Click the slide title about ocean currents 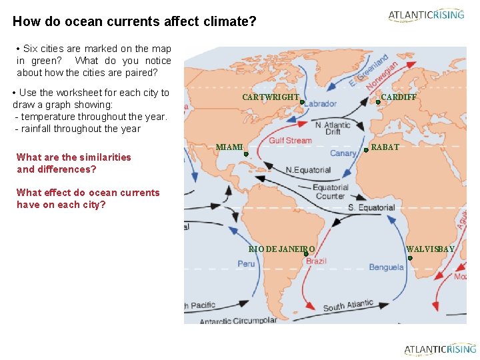click(134, 21)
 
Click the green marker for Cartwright click(302, 103)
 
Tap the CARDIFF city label click(399, 97)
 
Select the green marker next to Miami click(246, 154)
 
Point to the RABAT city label click(385, 147)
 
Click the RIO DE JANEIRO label click(281, 249)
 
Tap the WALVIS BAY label click(431, 249)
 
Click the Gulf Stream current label click(290, 141)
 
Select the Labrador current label click(321, 104)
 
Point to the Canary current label click(343, 153)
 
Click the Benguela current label click(386, 267)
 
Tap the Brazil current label click(316, 261)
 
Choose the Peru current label click(246, 264)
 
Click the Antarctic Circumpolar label click(238, 320)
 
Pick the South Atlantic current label click(348, 305)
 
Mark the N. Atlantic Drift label click(333, 128)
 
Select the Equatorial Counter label click(330, 191)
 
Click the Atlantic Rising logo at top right click(426, 15)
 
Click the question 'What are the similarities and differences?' click(74, 163)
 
